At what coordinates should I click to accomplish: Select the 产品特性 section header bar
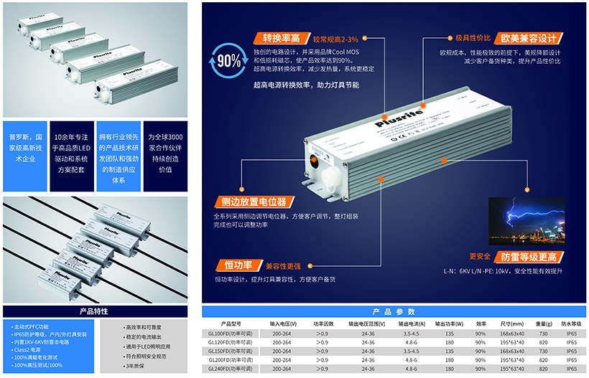click(x=93, y=311)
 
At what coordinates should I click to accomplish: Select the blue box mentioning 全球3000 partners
click(x=165, y=153)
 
